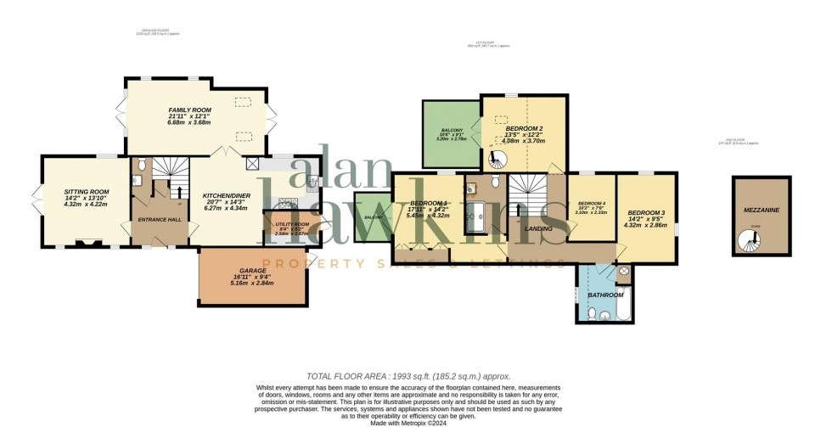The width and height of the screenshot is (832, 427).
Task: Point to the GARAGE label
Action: [x=252, y=271]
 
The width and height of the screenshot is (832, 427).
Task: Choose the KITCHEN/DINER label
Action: [x=225, y=196]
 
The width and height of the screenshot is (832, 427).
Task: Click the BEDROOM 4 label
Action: [x=591, y=204]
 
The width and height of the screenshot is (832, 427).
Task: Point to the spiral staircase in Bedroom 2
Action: [x=502, y=159]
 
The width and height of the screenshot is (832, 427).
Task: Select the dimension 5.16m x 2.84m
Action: [x=252, y=283]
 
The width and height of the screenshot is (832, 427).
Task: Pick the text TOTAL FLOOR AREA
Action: [x=350, y=375]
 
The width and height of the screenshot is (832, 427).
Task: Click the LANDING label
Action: [x=539, y=228]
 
